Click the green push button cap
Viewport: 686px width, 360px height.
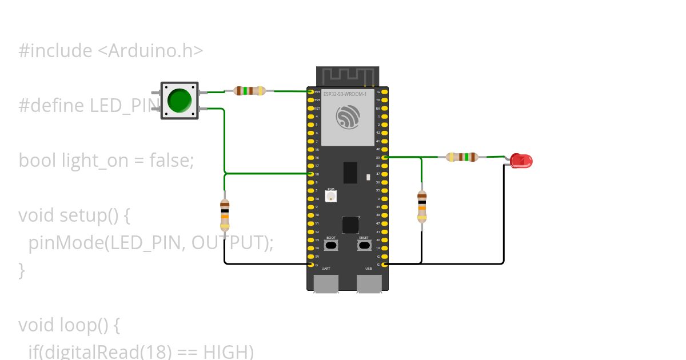[x=180, y=101]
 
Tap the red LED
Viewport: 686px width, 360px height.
[x=521, y=161]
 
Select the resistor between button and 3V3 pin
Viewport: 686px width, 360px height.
[x=250, y=90]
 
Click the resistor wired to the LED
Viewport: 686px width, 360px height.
[x=462, y=157]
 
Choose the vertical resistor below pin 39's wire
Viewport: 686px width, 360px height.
[x=422, y=206]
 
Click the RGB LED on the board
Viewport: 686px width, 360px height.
[x=331, y=196]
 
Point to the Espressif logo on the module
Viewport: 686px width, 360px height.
[x=348, y=118]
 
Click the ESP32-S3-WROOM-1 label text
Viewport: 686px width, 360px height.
[x=345, y=94]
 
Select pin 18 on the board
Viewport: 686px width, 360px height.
[x=311, y=174]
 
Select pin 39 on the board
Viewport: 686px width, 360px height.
[x=385, y=157]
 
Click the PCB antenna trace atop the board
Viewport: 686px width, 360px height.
[x=348, y=76]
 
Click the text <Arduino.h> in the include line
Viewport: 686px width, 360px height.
[x=150, y=51]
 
